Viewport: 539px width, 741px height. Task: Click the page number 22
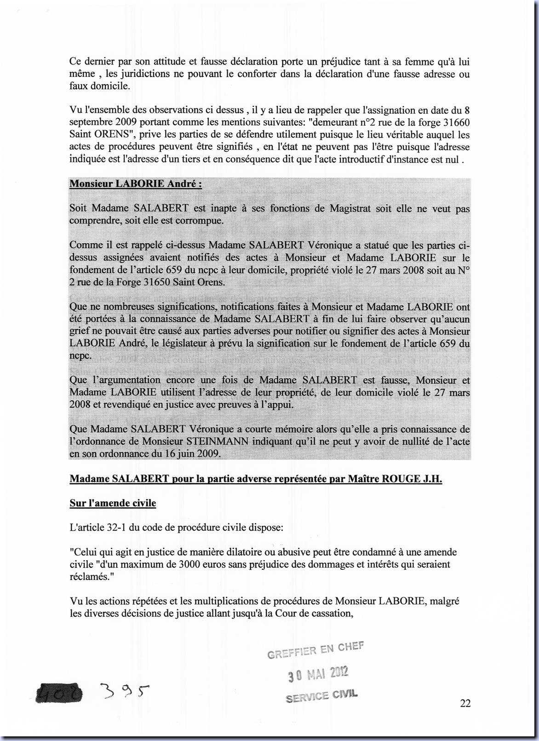click(465, 703)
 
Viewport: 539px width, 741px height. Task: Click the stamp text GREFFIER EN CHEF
click(315, 650)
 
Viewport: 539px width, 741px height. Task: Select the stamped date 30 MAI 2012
click(318, 674)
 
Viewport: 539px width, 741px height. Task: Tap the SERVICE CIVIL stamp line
click(321, 696)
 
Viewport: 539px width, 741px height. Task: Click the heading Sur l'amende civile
click(113, 503)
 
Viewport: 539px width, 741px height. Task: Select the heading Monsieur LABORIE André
click(135, 184)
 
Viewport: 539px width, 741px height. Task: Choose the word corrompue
click(200, 220)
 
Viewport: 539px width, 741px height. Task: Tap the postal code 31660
click(456, 122)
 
